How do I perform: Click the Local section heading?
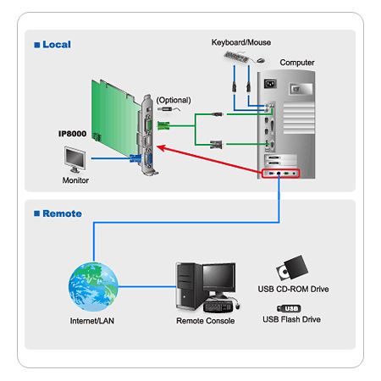[x=52, y=45]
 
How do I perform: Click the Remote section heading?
[x=58, y=213]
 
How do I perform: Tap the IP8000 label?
[x=72, y=134]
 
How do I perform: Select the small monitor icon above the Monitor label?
[x=75, y=159]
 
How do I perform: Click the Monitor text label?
[x=75, y=180]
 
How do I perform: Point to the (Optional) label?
[x=174, y=100]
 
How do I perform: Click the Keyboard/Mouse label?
[x=241, y=42]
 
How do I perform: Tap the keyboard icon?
[x=236, y=57]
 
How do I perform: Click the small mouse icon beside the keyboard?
[x=261, y=60]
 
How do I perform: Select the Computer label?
[x=297, y=63]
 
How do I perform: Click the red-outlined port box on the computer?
[x=280, y=174]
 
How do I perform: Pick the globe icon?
[x=93, y=287]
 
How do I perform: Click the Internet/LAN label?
[x=92, y=321]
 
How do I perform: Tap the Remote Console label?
[x=206, y=321]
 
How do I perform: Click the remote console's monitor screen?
[x=219, y=278]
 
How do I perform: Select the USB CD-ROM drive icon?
[x=292, y=268]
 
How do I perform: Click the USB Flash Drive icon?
[x=289, y=308]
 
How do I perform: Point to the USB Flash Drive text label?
[x=292, y=319]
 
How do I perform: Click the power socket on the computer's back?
[x=270, y=84]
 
